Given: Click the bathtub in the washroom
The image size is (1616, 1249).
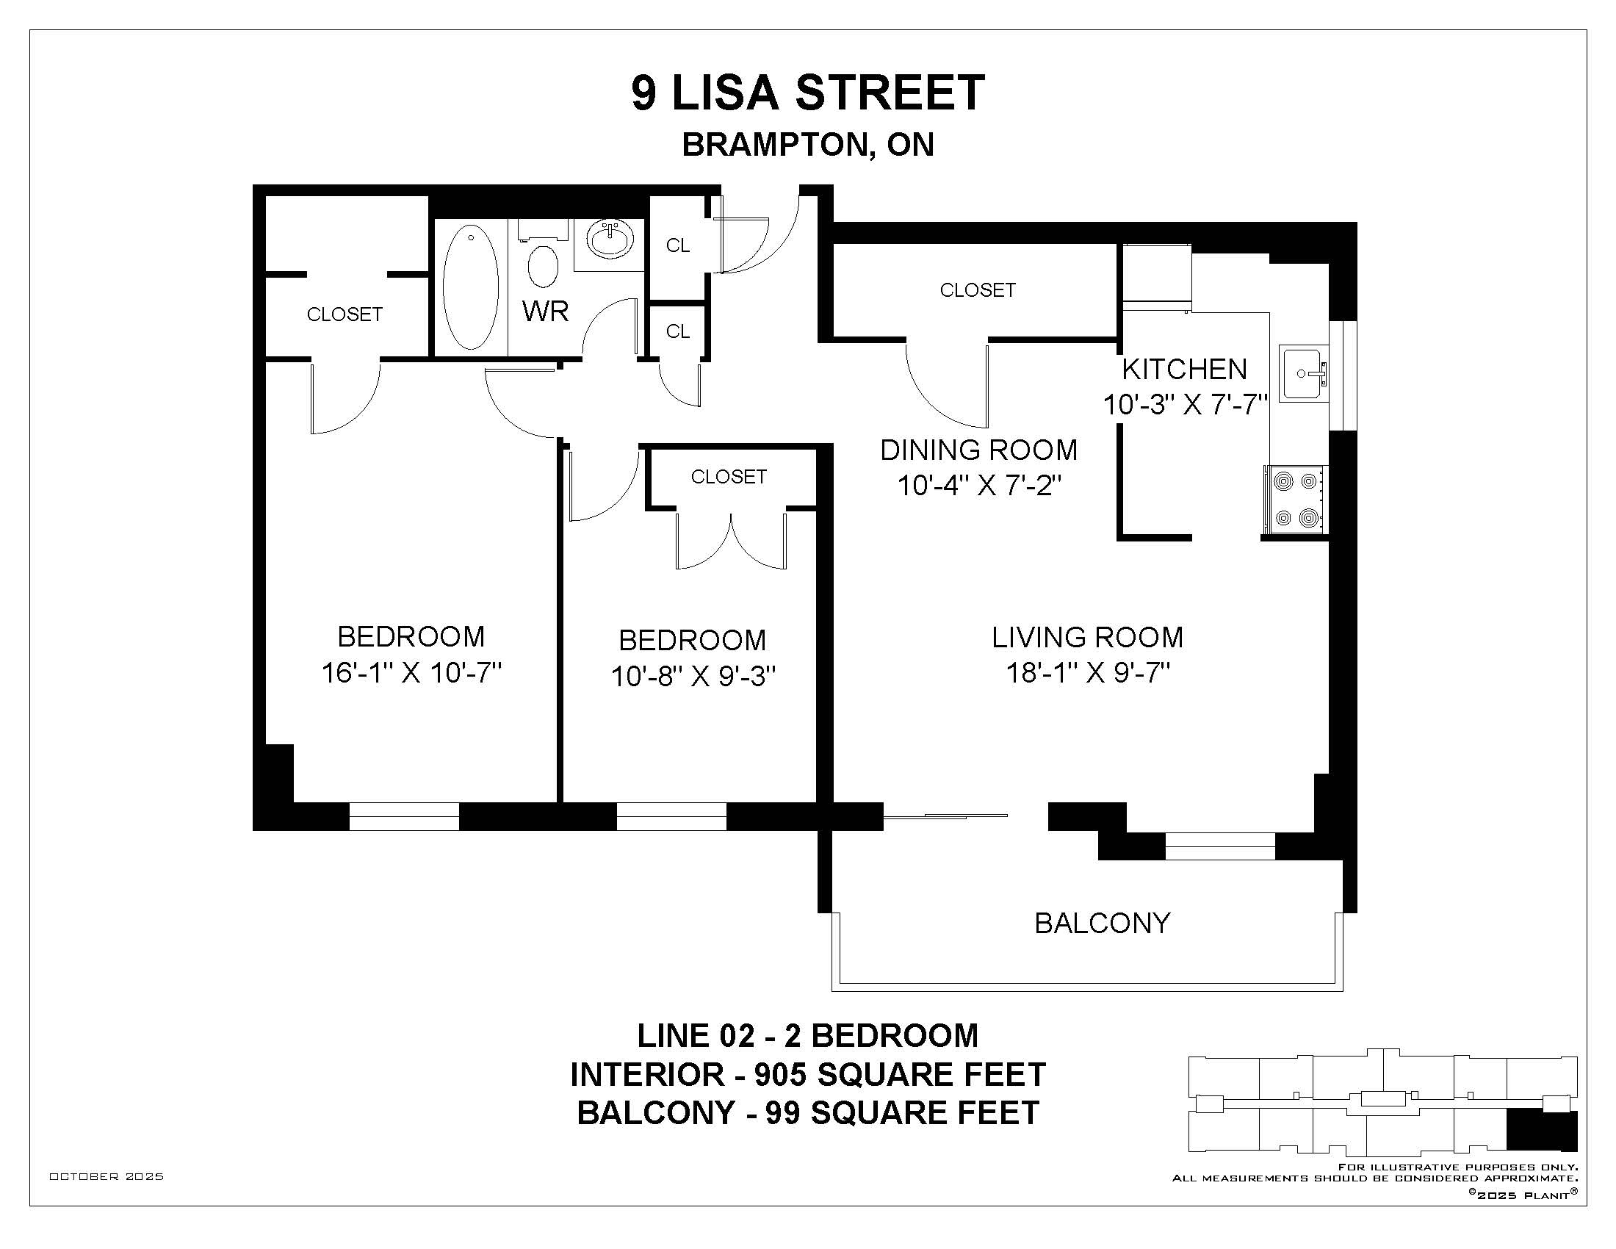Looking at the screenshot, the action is pyautogui.click(x=471, y=287).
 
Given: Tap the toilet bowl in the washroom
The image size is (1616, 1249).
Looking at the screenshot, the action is pyautogui.click(x=543, y=266).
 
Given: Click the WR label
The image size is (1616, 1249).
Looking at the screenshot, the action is pyautogui.click(x=545, y=312).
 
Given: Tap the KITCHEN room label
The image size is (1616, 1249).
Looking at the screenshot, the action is pyautogui.click(x=1185, y=369).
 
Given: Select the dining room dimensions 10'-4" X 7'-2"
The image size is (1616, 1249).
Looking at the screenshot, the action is pyautogui.click(x=979, y=486).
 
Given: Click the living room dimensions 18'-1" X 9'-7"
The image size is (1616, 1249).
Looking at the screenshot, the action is pyautogui.click(x=1088, y=672).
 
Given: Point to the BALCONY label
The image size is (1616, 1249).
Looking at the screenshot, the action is pyautogui.click(x=1103, y=923).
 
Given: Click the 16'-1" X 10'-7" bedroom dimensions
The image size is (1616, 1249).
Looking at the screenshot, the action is pyautogui.click(x=411, y=672).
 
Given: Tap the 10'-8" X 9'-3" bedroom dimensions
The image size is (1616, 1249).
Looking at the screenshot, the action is pyautogui.click(x=693, y=675).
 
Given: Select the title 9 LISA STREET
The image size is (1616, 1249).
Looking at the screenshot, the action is pyautogui.click(x=808, y=93).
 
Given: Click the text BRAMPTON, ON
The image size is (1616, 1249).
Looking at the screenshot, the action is pyautogui.click(x=808, y=145).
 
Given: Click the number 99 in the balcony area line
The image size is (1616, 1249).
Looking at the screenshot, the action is pyautogui.click(x=783, y=1113).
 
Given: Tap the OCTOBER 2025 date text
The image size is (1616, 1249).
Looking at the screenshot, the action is pyautogui.click(x=107, y=1176).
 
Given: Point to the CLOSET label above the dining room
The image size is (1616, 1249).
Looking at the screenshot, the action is pyautogui.click(x=978, y=290).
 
